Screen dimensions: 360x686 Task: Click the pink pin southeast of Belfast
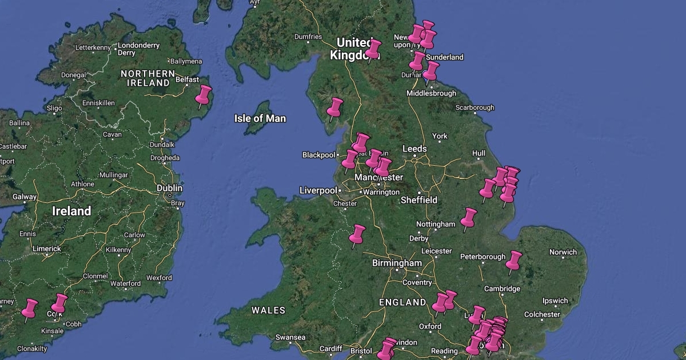(203, 96)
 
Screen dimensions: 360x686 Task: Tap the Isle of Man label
(260, 118)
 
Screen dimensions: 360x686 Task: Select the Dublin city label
(170, 188)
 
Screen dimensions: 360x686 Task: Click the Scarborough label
(474, 107)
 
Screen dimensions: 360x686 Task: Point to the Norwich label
(563, 252)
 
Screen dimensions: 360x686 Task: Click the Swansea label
(290, 337)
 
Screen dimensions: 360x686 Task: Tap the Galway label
(25, 197)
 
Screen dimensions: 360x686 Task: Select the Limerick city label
(47, 249)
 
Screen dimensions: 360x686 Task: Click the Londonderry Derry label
(138, 49)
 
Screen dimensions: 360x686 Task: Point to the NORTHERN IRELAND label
(148, 78)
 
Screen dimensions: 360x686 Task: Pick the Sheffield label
(418, 200)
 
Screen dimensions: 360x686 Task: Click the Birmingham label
(396, 263)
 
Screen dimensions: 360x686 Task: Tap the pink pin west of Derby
(357, 235)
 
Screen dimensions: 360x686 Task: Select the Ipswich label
(555, 301)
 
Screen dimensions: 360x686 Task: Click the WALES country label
(268, 310)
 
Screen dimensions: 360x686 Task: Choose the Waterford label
(125, 283)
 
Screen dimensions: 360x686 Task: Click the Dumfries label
(308, 37)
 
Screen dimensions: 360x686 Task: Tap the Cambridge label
(502, 289)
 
